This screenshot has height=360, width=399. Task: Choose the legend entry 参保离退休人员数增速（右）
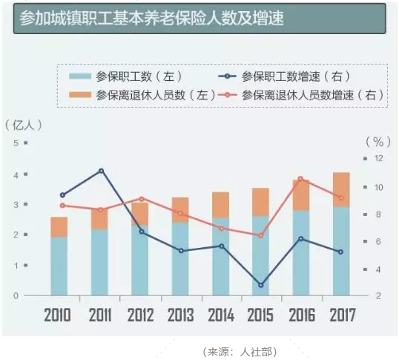[312, 95]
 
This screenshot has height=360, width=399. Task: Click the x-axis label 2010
[58, 315]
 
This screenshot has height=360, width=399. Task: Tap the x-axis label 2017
[340, 315]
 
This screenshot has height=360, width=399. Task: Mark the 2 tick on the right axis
[380, 295]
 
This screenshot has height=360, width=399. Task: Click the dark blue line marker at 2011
[102, 171]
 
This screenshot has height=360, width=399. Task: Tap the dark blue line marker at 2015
[260, 285]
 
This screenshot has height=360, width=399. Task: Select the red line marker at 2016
[300, 179]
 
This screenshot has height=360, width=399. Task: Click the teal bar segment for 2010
[59, 266]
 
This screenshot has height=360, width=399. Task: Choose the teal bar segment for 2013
[179, 258]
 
